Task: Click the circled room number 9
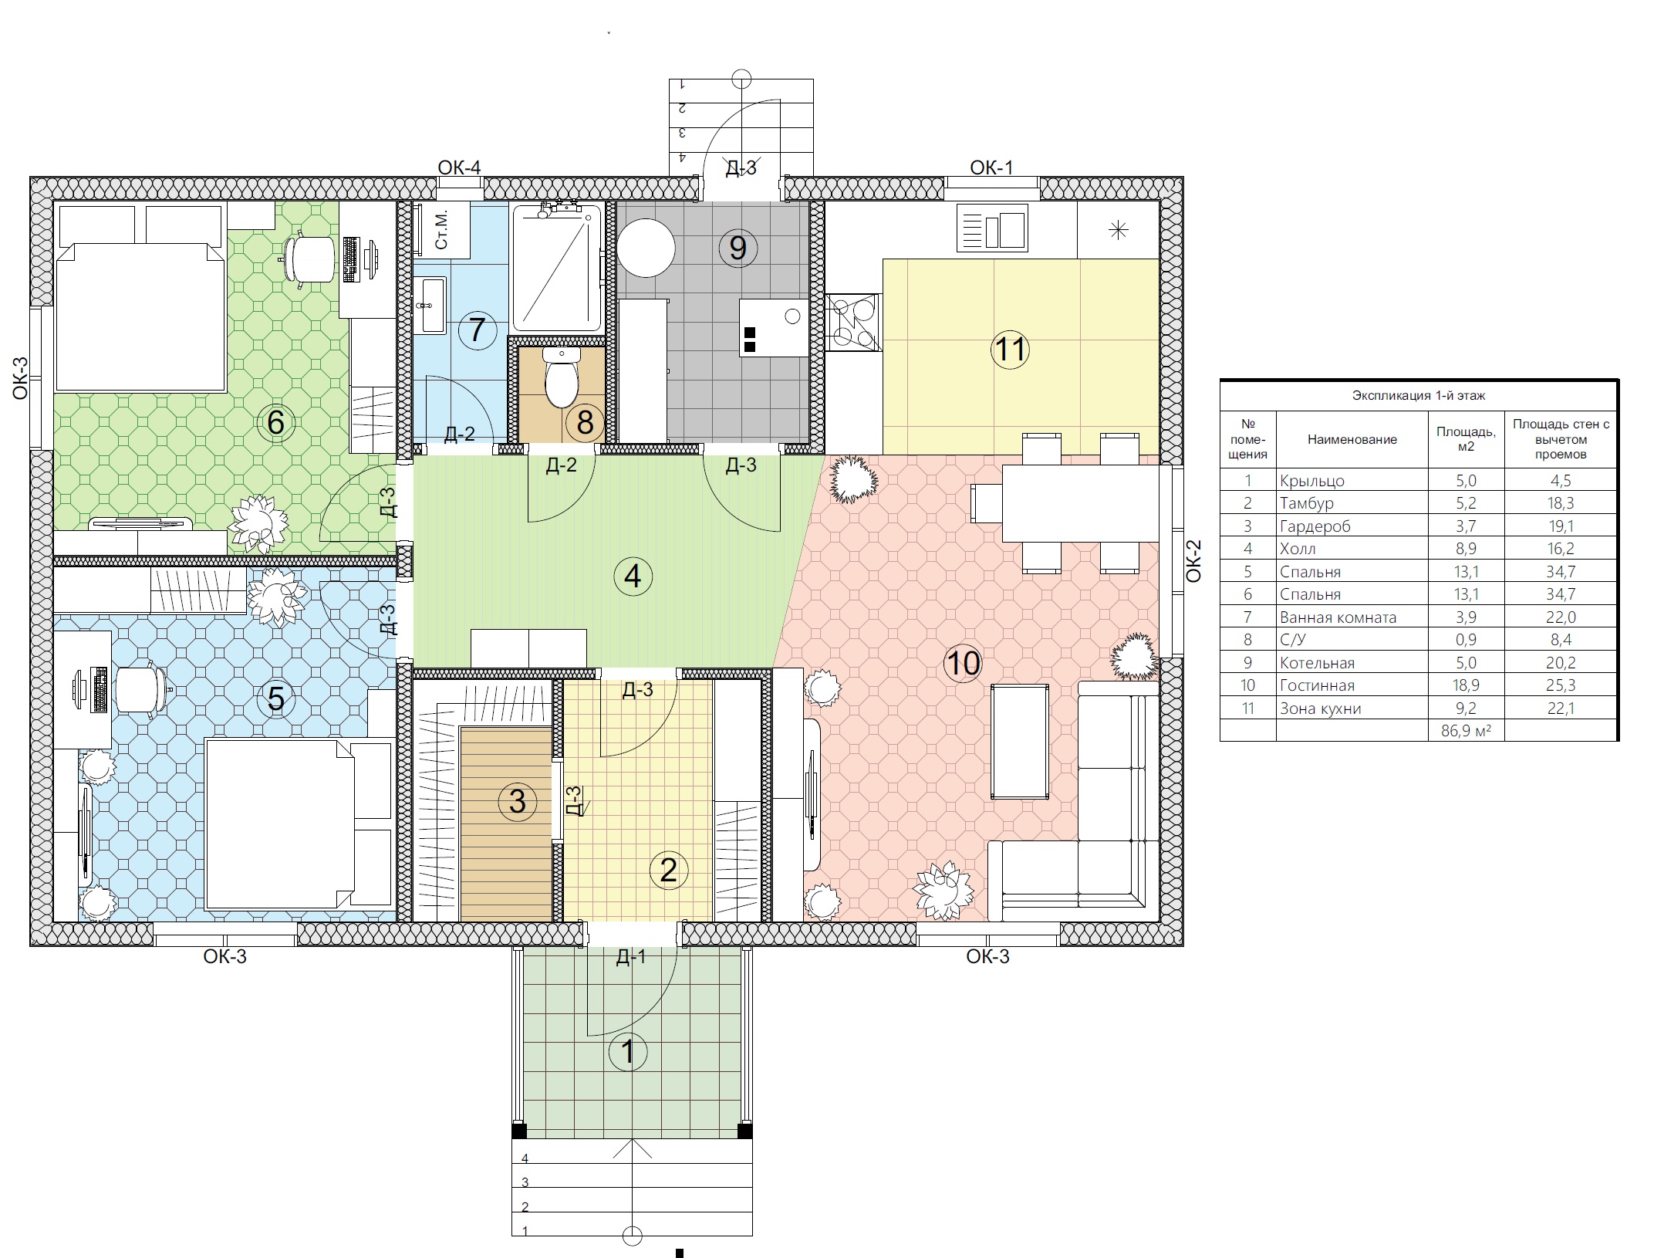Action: click(x=738, y=249)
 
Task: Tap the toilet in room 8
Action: click(x=562, y=377)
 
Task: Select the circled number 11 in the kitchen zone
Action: click(x=1010, y=349)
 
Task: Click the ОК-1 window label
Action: click(x=991, y=167)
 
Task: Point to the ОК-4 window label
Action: click(x=459, y=167)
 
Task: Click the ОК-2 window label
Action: click(x=1193, y=561)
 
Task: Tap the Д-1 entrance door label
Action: click(x=631, y=957)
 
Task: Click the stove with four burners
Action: click(x=853, y=323)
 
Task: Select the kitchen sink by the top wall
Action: click(x=992, y=228)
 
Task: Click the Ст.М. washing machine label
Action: click(x=442, y=230)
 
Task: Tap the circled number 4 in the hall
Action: click(x=633, y=576)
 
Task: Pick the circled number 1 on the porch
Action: click(x=628, y=1051)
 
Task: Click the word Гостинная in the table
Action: click(x=1317, y=685)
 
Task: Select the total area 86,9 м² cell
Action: click(x=1466, y=730)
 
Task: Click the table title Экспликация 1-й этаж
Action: click(x=1418, y=396)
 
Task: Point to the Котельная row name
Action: click(x=1317, y=663)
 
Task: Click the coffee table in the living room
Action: click(x=1020, y=742)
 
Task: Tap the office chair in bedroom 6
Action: click(x=309, y=259)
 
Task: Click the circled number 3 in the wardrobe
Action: click(x=518, y=801)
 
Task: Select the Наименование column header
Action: click(x=1352, y=439)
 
